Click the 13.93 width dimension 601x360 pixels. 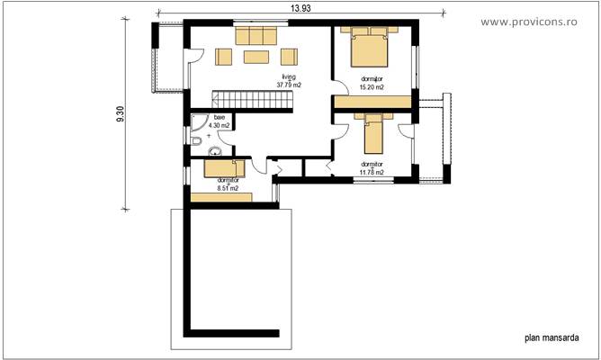click(301, 6)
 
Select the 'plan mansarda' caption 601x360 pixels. click(550, 339)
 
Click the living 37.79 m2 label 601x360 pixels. click(289, 82)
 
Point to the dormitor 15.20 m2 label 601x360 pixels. click(372, 83)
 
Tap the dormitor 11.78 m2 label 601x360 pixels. click(372, 167)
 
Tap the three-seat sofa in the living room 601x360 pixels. click(256, 36)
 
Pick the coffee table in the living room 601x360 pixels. click(256, 58)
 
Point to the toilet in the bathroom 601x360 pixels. click(197, 140)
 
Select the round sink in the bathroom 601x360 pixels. click(216, 150)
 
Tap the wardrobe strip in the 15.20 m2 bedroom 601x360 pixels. click(373, 102)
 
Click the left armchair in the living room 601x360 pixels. click(224, 58)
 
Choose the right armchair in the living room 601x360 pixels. click(289, 58)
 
